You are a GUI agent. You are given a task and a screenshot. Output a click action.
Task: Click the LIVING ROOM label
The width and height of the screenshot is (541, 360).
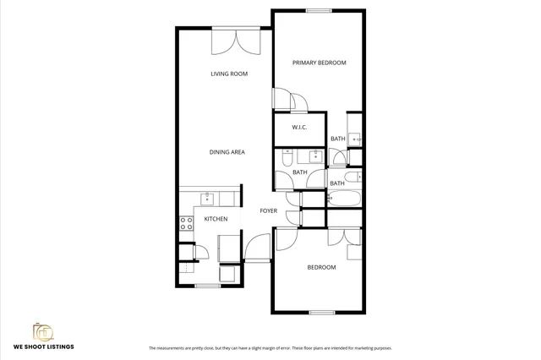click(x=229, y=74)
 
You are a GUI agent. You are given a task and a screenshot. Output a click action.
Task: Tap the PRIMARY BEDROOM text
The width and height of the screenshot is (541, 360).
click(x=319, y=63)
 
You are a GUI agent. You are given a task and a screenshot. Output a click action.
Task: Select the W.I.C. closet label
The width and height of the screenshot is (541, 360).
click(x=298, y=128)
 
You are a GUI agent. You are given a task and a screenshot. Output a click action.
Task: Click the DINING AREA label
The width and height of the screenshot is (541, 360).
click(x=227, y=152)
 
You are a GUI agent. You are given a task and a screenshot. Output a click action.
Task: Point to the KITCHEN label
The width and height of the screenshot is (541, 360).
click(x=216, y=219)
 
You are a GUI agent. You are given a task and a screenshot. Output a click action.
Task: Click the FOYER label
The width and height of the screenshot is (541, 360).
click(x=268, y=210)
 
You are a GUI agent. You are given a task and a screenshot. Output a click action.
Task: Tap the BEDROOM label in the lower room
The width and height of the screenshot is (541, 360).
click(x=320, y=267)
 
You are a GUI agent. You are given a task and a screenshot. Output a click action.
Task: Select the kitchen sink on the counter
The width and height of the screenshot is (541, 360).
click(x=206, y=199)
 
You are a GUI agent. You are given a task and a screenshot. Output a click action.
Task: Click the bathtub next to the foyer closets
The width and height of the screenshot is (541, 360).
click(x=344, y=199)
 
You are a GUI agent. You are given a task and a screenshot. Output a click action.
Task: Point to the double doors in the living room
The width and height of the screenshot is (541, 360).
click(x=236, y=41)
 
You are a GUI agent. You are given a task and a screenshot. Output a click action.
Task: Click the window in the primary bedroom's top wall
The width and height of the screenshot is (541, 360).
click(x=319, y=11)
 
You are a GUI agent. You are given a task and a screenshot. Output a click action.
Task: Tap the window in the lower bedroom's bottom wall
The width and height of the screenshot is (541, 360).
click(x=321, y=313)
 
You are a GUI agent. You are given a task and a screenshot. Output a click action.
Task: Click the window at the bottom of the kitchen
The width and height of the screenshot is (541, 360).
click(x=207, y=286)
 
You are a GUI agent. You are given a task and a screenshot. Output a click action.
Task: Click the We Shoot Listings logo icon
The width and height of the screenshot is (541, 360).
click(x=43, y=331)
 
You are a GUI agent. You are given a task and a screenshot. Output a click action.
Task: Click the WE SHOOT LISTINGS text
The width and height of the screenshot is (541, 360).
click(x=43, y=346)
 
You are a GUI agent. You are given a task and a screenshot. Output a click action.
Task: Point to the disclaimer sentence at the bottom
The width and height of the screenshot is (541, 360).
click(x=270, y=348)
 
